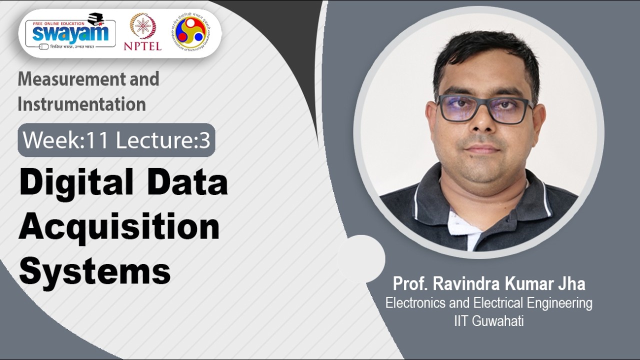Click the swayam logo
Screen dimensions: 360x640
point(70,33)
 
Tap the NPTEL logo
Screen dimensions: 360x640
point(142,32)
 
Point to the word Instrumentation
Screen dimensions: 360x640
point(81,104)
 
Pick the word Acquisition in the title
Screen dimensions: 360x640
point(119,227)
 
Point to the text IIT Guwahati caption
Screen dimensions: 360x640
point(488,320)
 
